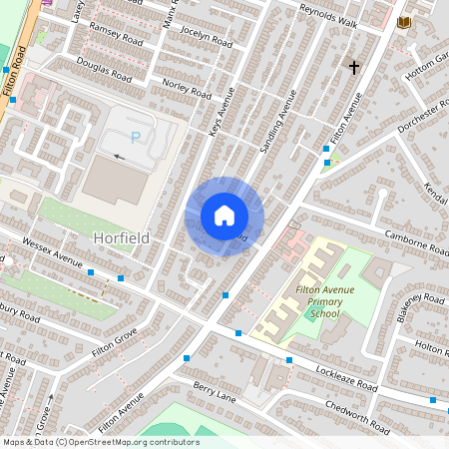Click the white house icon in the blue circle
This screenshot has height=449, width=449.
click(x=224, y=216)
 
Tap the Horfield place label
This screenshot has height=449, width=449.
click(x=121, y=238)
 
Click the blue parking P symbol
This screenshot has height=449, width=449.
click(x=136, y=137)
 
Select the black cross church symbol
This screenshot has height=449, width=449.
click(x=353, y=67)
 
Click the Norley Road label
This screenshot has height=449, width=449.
click(x=187, y=87)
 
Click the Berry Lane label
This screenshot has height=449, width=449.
click(x=214, y=391)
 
